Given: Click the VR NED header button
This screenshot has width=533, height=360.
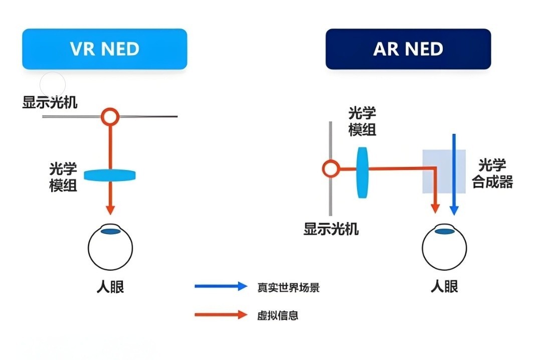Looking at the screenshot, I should point(104,49).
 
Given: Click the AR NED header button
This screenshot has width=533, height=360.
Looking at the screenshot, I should point(408,49).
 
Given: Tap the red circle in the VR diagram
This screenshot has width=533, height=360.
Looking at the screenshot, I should point(110,117).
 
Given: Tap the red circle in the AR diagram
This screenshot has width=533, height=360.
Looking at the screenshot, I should point(330,168).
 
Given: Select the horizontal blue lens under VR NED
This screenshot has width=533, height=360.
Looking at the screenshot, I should point(110,175).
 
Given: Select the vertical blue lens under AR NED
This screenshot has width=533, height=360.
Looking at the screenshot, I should point(362,172).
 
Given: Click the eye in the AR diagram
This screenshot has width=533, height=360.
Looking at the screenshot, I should point(444,247).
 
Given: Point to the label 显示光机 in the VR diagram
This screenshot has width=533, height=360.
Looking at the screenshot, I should point(50,103).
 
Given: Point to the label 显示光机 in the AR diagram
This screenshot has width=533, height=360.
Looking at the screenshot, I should point(331,229).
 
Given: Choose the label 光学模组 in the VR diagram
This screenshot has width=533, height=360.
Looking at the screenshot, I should point(63,176).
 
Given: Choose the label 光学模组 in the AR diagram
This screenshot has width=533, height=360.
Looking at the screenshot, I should point(362,122).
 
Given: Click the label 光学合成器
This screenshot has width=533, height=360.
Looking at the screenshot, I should point(492,173).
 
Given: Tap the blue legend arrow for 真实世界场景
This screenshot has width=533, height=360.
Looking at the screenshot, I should point(221,287).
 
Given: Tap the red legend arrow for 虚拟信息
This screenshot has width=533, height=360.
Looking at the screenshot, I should point(221,315).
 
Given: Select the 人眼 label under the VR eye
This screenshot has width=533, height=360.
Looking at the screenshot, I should point(110,287).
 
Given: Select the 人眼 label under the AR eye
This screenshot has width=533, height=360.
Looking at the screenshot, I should point(444,287).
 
